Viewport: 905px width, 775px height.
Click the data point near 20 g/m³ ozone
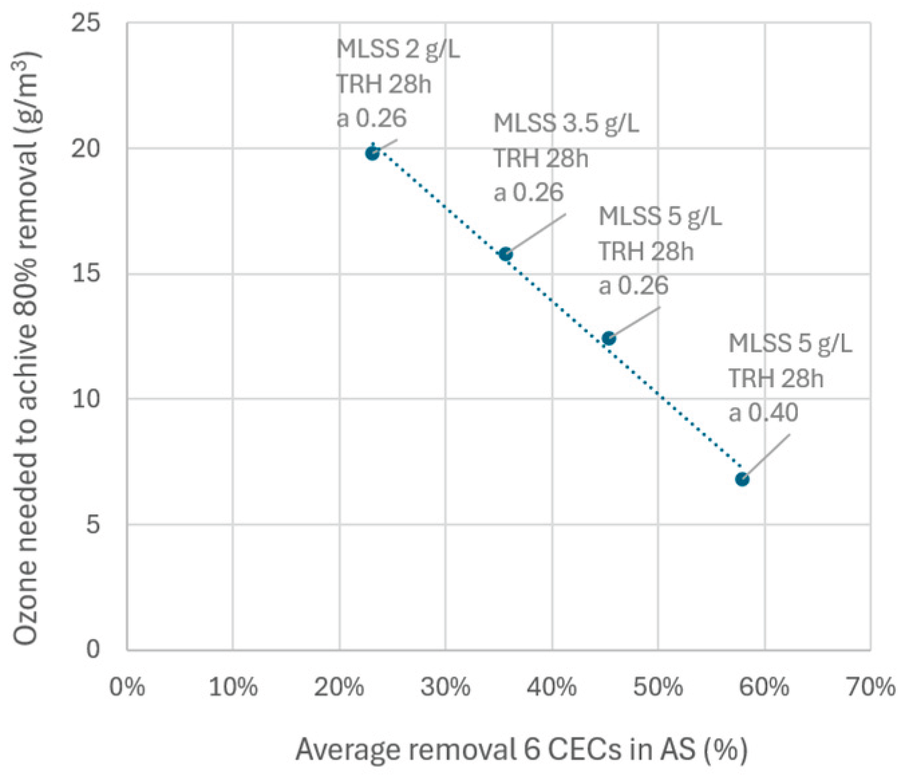click(372, 153)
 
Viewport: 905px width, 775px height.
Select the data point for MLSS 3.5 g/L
click(505, 254)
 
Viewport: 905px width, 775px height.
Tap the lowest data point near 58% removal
click(742, 480)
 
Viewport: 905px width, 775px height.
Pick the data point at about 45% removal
click(609, 338)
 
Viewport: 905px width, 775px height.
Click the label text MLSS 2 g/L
click(398, 50)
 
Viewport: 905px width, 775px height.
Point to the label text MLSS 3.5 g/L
click(566, 123)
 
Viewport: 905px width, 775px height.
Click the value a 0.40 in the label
click(763, 413)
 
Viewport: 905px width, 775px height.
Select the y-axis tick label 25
click(86, 23)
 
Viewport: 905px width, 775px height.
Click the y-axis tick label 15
click(86, 274)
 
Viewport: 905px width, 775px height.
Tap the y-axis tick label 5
click(93, 524)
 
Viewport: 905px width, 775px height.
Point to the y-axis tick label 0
click(93, 649)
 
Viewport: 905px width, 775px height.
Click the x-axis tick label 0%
click(127, 687)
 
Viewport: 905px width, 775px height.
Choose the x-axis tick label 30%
click(445, 687)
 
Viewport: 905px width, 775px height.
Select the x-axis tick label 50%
click(658, 687)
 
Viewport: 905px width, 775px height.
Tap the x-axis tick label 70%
click(871, 687)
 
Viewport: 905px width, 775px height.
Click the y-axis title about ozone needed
click(26, 348)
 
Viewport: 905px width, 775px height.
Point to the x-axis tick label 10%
click(233, 687)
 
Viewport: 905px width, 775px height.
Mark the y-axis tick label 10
click(86, 399)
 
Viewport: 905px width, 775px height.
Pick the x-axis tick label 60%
click(764, 687)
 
